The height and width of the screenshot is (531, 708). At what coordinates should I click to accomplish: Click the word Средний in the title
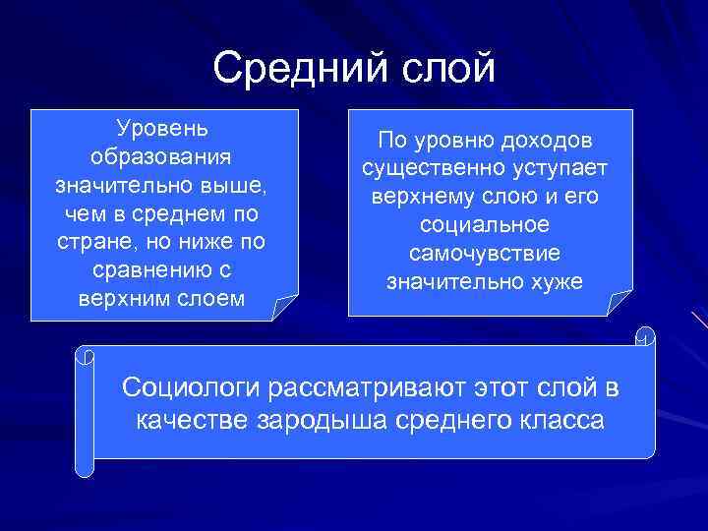[x=296, y=68]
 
